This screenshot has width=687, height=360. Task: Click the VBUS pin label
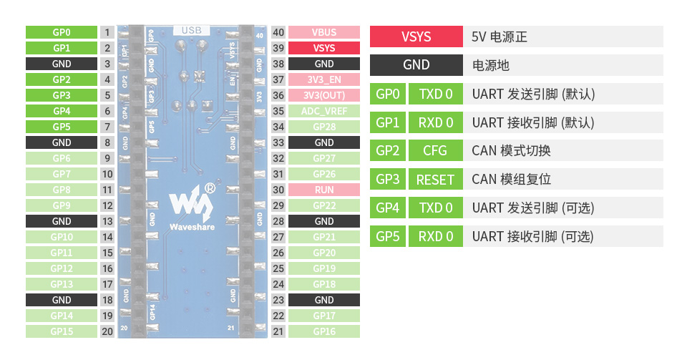[324, 32]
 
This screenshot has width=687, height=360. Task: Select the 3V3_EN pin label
[324, 79]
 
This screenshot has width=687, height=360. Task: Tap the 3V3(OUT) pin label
[324, 95]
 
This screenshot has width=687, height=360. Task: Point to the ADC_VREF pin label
[324, 111]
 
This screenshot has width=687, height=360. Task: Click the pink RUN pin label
[324, 190]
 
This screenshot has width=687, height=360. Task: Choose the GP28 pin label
[324, 127]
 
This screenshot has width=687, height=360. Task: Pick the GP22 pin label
[324, 205]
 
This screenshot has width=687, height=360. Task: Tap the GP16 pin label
[324, 331]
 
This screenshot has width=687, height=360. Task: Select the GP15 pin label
[62, 331]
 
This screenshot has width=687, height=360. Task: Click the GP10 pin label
[62, 237]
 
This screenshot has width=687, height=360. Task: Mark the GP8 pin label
[62, 190]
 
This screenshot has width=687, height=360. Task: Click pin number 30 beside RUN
[279, 190]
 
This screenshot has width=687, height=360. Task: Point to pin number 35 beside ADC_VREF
[279, 111]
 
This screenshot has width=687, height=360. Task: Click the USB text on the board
[192, 31]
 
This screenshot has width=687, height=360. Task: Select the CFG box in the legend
[435, 151]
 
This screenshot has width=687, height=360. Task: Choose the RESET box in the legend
[435, 180]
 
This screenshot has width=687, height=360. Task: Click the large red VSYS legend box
[416, 37]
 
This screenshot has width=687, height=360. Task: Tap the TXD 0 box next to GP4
[435, 208]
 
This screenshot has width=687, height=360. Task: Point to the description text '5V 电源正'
[500, 37]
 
